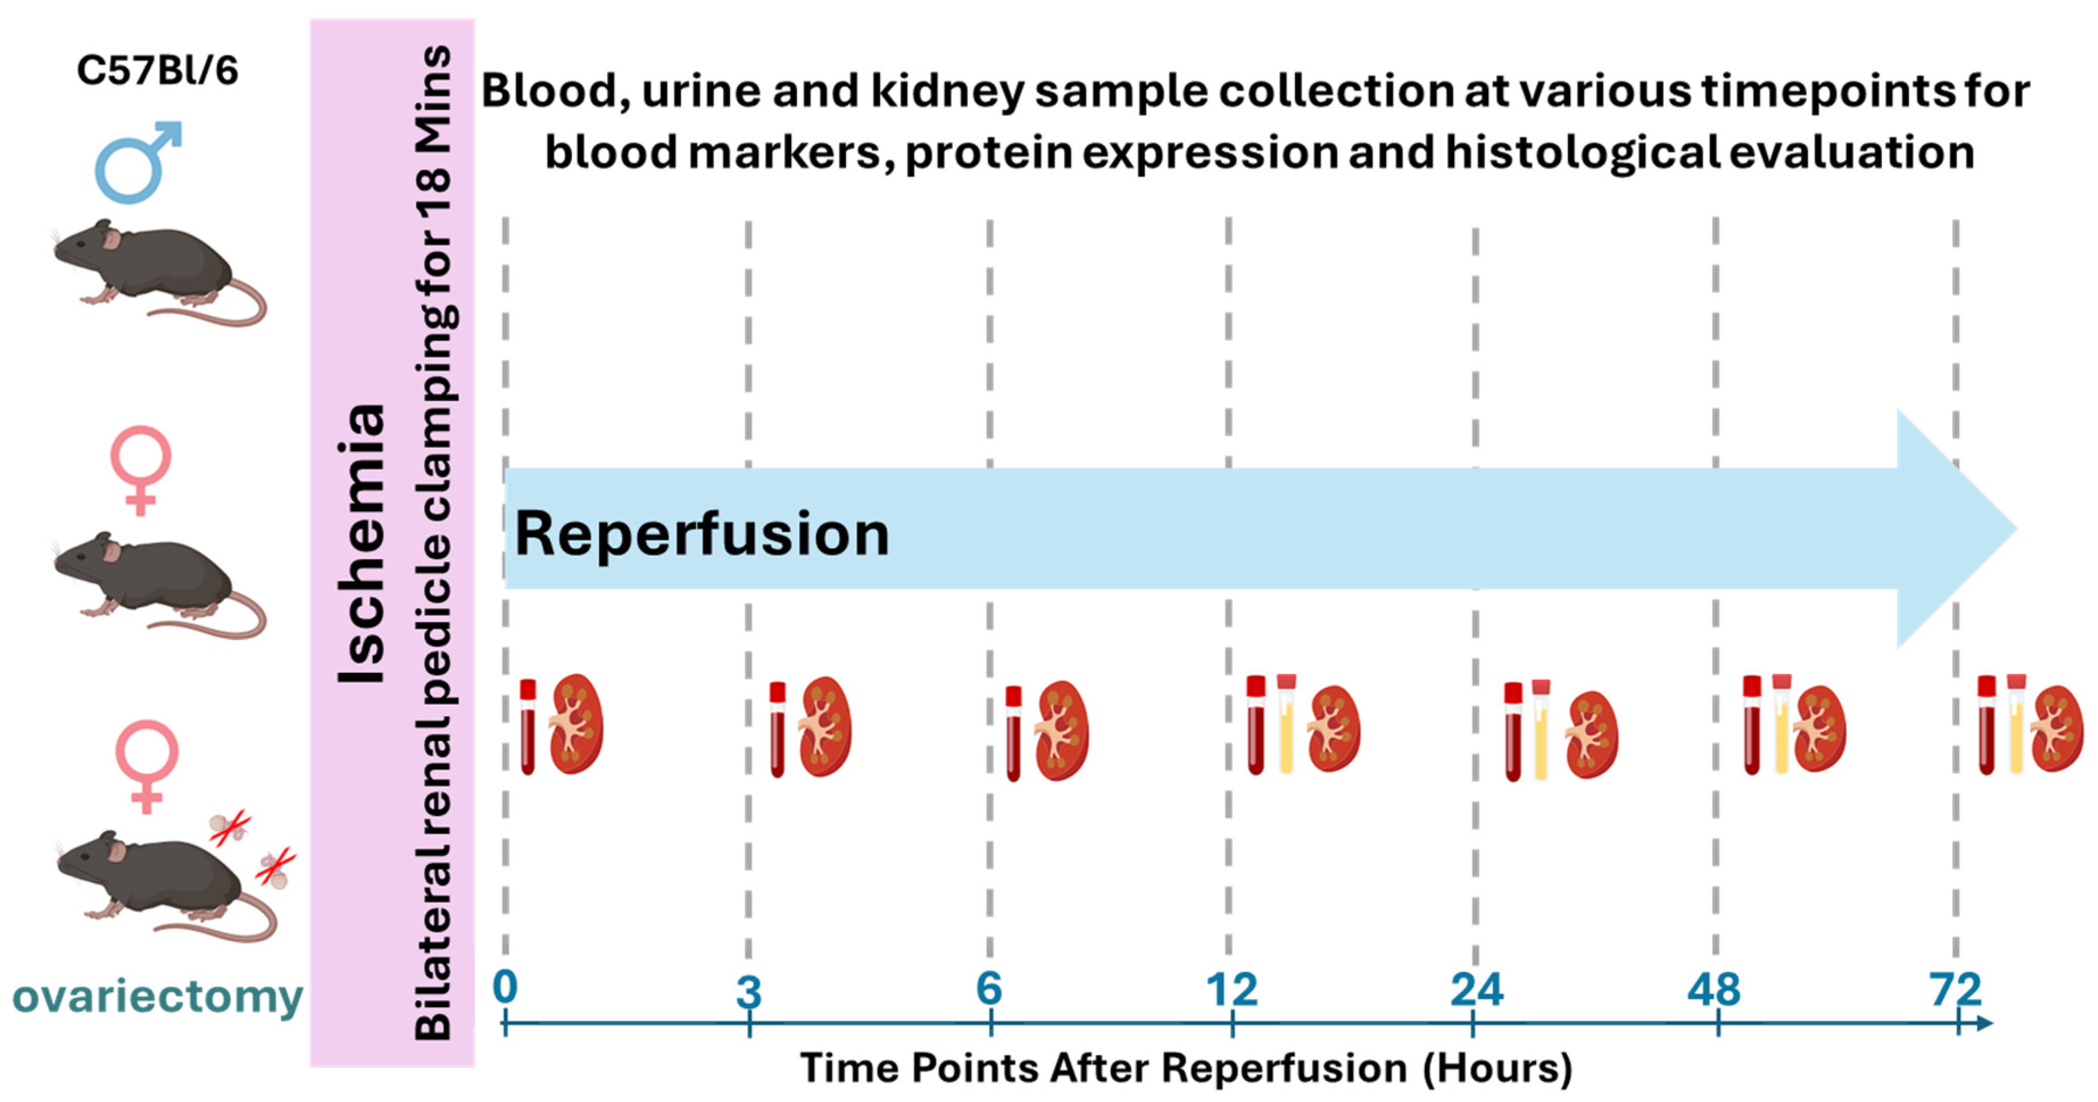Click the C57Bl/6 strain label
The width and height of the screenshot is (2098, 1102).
point(157,71)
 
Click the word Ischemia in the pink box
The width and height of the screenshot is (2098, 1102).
point(361,544)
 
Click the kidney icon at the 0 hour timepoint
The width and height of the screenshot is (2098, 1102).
point(576,724)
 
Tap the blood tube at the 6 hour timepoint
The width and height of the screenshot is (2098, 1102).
point(1013,733)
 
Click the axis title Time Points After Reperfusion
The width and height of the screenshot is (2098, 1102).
point(1186,1068)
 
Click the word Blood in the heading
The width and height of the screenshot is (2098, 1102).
point(555,92)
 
